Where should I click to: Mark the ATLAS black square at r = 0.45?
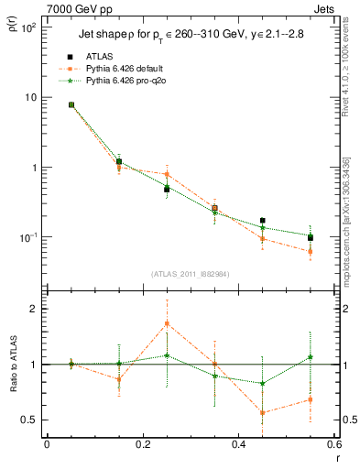tap(263, 221)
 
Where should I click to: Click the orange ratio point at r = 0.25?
tap(167, 323)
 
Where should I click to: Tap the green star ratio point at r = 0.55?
tap(311, 356)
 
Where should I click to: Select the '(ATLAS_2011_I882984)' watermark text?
tap(190, 273)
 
